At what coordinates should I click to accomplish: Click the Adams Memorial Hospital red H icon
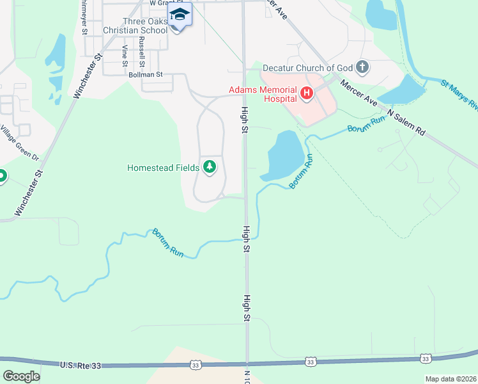307,95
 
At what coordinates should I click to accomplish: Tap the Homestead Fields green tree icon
209,168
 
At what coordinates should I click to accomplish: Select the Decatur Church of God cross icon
362,67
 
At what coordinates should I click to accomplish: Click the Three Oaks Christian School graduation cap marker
180,15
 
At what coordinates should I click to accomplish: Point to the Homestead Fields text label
163,168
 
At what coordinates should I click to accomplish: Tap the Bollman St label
146,75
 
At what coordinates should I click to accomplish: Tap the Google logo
21,376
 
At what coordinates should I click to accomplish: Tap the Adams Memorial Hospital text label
263,95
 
